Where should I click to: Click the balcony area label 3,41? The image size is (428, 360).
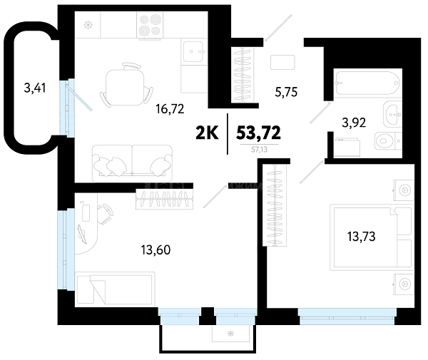point(35,88)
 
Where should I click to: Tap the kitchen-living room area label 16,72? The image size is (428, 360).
point(170,109)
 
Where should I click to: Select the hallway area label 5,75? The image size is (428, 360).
point(286,92)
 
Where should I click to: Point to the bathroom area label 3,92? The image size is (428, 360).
point(354,123)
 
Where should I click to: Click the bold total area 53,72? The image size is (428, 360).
point(258,133)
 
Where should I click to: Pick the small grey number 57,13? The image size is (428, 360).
point(260,150)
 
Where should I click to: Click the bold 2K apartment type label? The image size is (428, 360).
point(207,133)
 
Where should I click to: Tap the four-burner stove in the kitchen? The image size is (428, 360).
point(150,26)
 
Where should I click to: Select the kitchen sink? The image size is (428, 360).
point(193,51)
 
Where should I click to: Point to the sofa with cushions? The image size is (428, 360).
point(133,163)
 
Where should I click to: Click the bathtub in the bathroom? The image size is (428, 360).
point(367,83)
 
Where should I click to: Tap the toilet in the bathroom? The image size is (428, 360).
point(388,140)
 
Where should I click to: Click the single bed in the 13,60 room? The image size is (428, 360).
point(115,288)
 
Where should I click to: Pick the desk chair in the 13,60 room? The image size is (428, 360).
point(105,214)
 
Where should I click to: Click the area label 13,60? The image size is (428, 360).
point(156,250)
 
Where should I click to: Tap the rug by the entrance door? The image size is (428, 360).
point(282,63)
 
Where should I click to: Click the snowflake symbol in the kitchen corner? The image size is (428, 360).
point(88,26)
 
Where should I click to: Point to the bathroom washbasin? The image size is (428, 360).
point(392,114)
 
